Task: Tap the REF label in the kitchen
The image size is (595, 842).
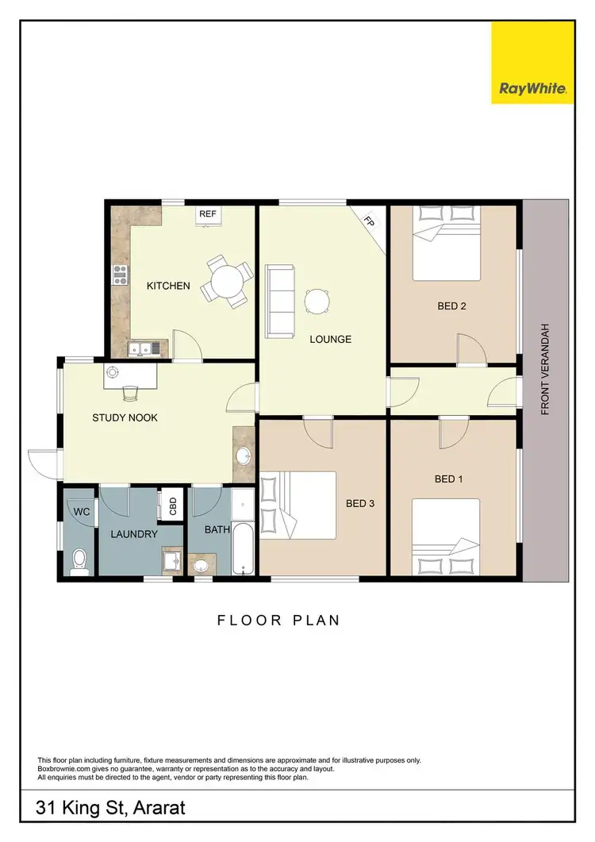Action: point(208,214)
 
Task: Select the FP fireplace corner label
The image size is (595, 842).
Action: point(370,223)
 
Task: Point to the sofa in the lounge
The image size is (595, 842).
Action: point(279,299)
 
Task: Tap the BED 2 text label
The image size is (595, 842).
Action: point(451,306)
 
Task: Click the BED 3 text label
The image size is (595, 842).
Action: point(359,503)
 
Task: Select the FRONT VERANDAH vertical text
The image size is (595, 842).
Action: point(546,371)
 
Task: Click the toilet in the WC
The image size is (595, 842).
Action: point(79,560)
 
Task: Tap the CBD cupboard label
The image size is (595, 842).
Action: point(172,506)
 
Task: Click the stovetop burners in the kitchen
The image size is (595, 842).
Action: point(121,275)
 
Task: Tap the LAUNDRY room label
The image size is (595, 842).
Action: point(134,534)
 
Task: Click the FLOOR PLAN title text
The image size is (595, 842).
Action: point(278,620)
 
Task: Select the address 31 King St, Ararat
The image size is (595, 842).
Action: point(111,809)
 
